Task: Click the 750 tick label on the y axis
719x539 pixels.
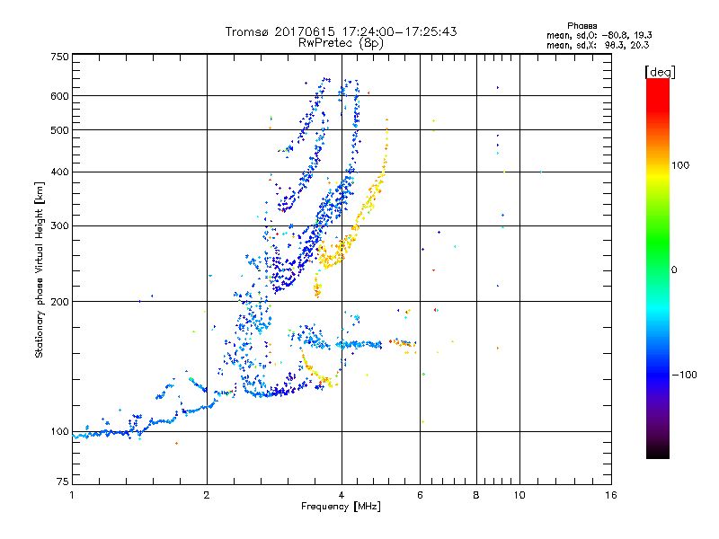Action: [60, 57]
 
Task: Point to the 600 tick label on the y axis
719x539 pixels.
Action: [60, 95]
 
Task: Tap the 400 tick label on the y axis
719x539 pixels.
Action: [60, 172]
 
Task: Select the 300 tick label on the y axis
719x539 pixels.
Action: [60, 225]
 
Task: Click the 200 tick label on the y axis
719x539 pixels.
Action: [60, 302]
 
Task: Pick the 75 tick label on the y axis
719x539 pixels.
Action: [63, 482]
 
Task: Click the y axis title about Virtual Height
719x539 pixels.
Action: [40, 269]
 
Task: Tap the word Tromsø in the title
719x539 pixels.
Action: [249, 31]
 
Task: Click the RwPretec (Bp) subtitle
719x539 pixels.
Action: [341, 42]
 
